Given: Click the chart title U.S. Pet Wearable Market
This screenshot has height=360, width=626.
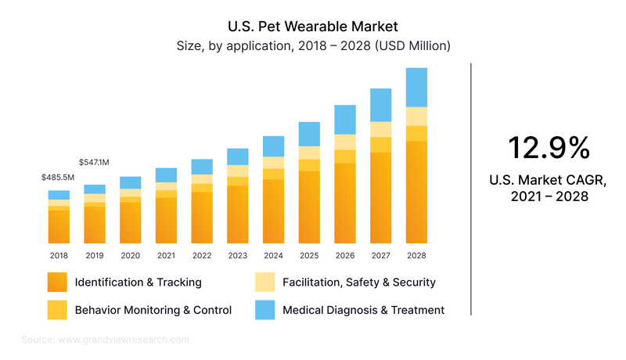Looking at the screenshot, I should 313,27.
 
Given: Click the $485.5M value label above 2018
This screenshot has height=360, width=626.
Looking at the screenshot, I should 58,178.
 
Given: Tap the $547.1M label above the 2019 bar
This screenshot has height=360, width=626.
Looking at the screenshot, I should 94,162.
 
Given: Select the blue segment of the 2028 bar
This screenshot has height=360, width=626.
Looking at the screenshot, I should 416,87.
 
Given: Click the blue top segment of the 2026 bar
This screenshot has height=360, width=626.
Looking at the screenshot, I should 345,119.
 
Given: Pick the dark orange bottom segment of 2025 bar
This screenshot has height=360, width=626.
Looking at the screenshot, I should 309,207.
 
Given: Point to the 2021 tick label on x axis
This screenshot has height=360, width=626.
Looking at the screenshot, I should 166,255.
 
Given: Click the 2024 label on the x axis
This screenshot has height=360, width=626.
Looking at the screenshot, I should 273,255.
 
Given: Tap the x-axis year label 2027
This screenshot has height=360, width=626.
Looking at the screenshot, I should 380,255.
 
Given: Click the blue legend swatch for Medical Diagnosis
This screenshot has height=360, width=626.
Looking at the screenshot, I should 266,310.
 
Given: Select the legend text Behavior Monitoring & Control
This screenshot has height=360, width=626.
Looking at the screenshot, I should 153,310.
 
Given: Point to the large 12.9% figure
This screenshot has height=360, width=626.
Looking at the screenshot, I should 548,148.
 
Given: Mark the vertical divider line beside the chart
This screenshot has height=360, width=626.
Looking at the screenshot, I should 471,188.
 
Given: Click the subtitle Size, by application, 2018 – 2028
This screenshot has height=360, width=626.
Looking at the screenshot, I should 313,46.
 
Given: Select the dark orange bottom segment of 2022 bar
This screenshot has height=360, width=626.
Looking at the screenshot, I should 202,217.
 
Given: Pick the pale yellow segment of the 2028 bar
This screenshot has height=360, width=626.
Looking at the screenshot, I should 416,116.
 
